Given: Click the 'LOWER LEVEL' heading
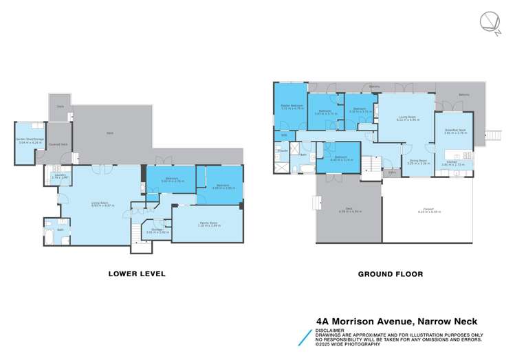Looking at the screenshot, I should (136, 273).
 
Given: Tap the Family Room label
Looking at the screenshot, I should (207, 224).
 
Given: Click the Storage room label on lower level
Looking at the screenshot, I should (157, 232).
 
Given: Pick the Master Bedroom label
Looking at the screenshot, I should (292, 107).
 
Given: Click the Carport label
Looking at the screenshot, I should (428, 212).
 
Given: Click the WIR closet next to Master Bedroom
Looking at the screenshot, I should (283, 135).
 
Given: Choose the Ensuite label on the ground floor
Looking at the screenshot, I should (282, 150).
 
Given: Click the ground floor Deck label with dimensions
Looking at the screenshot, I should (349, 211).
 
